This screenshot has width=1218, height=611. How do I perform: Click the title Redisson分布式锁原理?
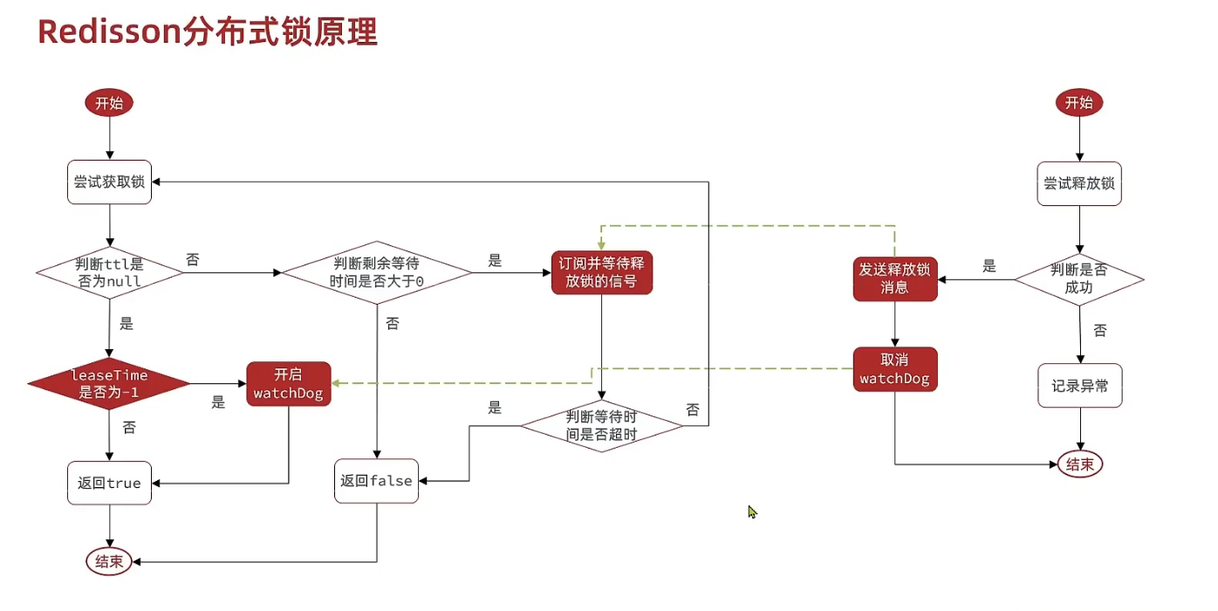pos(208,33)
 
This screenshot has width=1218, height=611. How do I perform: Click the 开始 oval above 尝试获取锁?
pos(109,103)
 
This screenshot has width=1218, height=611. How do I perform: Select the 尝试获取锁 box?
pos(109,182)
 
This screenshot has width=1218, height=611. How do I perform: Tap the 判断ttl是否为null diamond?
pos(109,273)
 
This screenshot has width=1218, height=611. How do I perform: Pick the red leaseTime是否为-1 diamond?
pos(109,383)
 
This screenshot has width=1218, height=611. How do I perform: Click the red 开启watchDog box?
pos(288,383)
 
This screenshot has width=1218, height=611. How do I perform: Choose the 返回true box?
pos(109,483)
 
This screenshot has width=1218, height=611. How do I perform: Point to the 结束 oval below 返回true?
pos(109,561)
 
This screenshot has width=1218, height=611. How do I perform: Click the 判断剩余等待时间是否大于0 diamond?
pos(377,273)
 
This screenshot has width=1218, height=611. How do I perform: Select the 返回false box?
pos(377,481)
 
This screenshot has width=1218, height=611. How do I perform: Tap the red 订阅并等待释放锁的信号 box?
pos(602,272)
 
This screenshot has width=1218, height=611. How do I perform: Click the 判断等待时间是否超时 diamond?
pos(602,426)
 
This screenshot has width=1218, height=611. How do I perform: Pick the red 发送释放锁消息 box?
pos(894,278)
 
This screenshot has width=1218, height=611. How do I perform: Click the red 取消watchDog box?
pos(894,369)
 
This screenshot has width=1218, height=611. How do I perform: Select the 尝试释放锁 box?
pos(1079,183)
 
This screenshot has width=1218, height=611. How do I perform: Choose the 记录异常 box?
pos(1079,386)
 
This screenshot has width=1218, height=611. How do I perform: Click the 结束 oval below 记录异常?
pos(1079,464)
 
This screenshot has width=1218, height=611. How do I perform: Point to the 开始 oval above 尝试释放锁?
pos(1079,103)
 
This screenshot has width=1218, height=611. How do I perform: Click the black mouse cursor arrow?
pos(752,511)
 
